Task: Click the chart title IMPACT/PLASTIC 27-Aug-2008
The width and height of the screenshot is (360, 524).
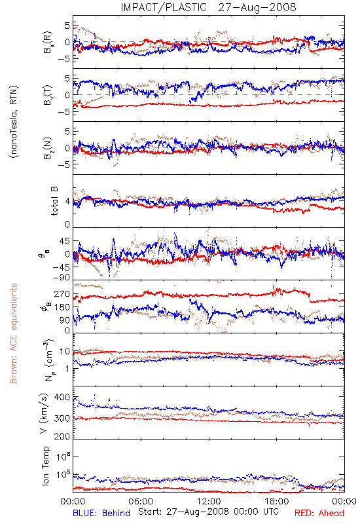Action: [208, 7]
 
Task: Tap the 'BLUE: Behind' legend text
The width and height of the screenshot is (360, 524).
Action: [101, 514]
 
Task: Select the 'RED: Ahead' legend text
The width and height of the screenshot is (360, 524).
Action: [319, 514]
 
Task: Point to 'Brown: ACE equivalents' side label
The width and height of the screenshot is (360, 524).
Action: [13, 333]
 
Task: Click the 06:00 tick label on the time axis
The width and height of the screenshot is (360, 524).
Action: [141, 502]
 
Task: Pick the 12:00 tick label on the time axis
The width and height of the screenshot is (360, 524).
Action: [209, 502]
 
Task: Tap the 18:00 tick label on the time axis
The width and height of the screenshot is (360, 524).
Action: [277, 502]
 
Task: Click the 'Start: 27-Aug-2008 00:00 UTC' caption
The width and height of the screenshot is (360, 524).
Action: [208, 512]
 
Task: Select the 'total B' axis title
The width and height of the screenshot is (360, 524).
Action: [54, 201]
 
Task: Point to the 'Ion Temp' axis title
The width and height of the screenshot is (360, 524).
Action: [45, 466]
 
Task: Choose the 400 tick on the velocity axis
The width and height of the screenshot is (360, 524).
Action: [62, 398]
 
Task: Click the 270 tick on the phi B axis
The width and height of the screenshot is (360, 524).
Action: [62, 294]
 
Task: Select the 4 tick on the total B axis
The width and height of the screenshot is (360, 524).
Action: [68, 202]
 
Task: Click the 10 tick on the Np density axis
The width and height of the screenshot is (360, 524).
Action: [65, 352]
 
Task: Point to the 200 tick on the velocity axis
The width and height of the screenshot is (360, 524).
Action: [62, 436]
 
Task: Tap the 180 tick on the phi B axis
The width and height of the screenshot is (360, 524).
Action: [62, 307]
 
